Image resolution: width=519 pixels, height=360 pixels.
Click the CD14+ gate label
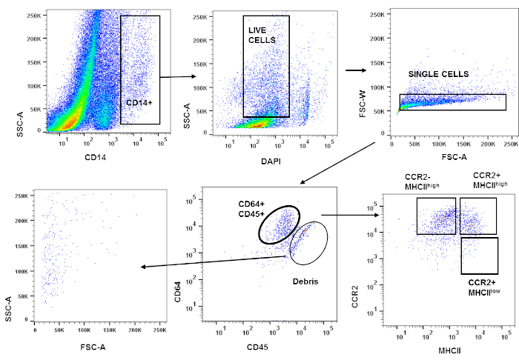[x=139, y=102]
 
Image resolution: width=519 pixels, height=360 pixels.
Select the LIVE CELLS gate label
[x=262, y=33]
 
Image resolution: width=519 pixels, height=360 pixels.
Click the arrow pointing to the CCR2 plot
[x=351, y=216]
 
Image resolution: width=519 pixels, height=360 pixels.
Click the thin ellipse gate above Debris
[x=308, y=243]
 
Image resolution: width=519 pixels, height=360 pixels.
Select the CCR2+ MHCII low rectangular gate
[x=479, y=255]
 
